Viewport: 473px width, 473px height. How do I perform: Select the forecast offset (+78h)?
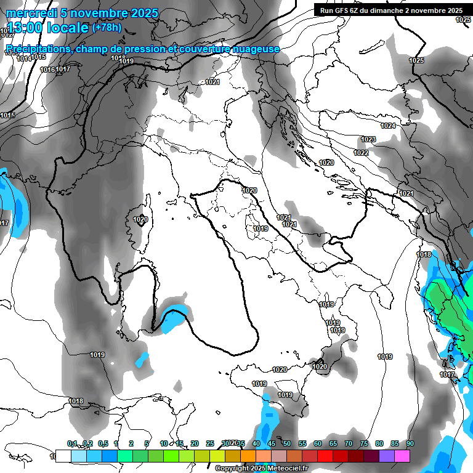click(107, 28)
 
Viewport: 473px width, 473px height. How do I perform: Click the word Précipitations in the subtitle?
click(36, 49)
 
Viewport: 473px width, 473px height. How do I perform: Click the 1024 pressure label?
click(388, 126)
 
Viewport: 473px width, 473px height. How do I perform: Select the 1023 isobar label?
click(368, 139)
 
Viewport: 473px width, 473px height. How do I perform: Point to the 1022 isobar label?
click(362, 153)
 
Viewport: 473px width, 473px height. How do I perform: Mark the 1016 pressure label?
click(47, 70)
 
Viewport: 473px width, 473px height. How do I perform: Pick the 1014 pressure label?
click(24, 59)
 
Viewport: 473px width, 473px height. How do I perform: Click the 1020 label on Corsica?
click(140, 219)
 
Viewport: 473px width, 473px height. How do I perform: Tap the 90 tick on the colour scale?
click(410, 443)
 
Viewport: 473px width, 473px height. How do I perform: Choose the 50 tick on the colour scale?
click(287, 443)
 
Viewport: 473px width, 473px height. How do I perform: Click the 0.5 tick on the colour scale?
click(102, 443)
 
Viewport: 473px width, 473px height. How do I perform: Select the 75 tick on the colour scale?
click(364, 443)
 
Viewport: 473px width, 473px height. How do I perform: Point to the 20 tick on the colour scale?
click(195, 443)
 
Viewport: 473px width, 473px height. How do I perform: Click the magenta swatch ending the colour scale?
click(402, 456)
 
